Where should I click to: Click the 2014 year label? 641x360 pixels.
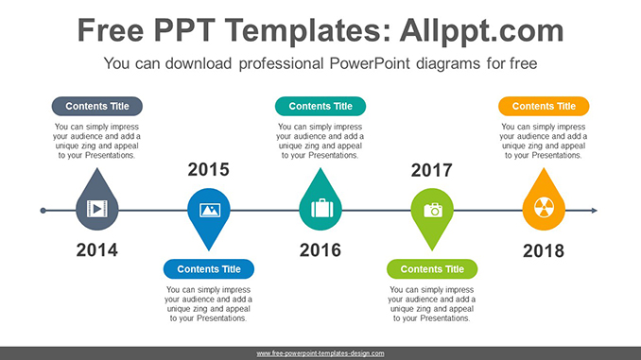point(96,250)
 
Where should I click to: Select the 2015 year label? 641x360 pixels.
point(208,170)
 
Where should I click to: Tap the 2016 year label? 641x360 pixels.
point(320,250)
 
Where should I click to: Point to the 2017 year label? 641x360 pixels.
point(431,170)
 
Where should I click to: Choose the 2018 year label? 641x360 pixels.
point(543,250)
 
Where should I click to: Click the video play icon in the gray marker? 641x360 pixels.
point(96,209)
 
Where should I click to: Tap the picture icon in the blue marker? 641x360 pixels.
point(208,209)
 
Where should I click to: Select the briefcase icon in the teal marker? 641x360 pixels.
point(320,208)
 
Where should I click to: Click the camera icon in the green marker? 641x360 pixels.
point(432,209)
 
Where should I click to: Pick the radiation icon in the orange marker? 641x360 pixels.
point(543,208)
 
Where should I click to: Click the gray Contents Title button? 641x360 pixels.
point(96,106)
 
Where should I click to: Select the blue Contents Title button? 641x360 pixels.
point(208,269)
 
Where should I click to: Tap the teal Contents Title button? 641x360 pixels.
point(320,106)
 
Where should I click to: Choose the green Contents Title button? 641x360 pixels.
point(432,269)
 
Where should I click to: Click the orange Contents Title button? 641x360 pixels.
point(544,106)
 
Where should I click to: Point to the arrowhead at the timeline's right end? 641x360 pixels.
point(594,210)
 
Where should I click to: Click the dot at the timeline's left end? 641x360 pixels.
point(43,210)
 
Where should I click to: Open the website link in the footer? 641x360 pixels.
point(320,352)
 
